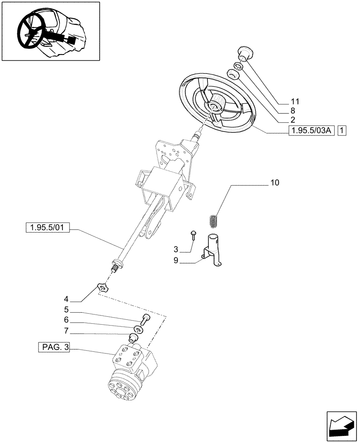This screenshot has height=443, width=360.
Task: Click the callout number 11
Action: (x=296, y=101)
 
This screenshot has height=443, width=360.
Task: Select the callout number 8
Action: (x=293, y=111)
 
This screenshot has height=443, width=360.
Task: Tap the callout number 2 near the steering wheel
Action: (x=293, y=120)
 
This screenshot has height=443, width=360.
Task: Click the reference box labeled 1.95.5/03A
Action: (x=311, y=130)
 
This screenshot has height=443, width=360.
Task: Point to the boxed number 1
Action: (x=342, y=130)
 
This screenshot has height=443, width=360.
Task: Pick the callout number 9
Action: (x=176, y=261)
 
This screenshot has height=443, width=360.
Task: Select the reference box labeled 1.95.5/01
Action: (x=48, y=228)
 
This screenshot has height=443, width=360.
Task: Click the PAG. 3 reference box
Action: (x=54, y=348)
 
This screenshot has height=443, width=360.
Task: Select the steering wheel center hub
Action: (x=217, y=103)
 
